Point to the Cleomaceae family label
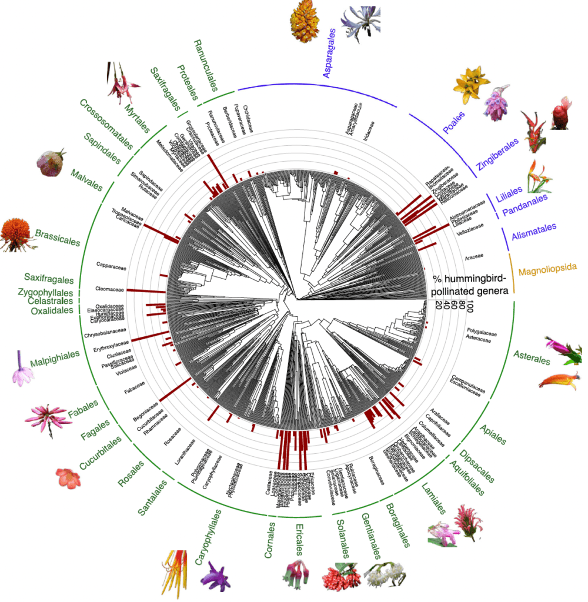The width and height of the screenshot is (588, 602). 109,289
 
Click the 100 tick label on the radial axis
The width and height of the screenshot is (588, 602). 469,306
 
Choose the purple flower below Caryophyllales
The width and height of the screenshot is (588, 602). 216,575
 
